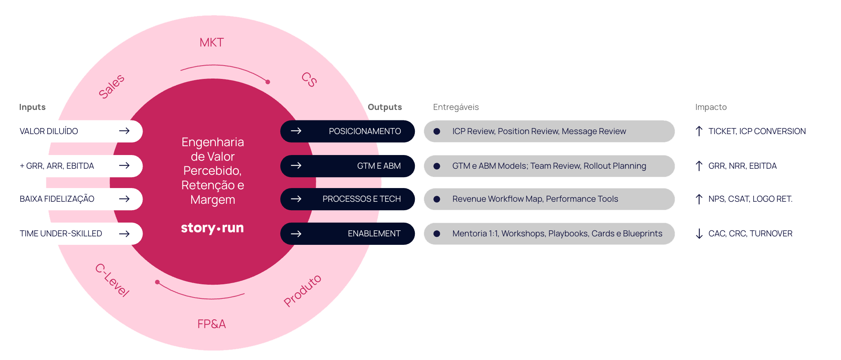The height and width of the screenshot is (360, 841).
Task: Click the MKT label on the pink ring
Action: coord(211,42)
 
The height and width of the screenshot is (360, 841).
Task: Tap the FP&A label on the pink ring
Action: coord(211,324)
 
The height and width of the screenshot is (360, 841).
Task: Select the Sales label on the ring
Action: coord(112,86)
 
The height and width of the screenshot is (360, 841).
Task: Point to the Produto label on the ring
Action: coord(302,290)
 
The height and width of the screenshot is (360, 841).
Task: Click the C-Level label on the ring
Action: coord(112,280)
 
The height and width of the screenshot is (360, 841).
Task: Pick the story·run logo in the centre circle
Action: coord(212,228)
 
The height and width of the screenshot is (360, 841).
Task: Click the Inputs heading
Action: coord(32,107)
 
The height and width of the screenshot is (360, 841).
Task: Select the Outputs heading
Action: coord(385,107)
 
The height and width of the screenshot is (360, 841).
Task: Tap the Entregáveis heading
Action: coord(456,107)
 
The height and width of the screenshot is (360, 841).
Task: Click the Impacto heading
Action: coord(711,107)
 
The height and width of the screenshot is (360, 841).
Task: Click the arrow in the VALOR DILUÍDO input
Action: coord(124,131)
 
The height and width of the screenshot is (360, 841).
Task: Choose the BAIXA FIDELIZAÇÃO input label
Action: coord(57,199)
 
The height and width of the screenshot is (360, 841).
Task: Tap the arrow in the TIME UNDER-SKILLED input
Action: coord(124,234)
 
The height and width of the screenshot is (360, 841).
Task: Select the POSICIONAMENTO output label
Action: coord(365,131)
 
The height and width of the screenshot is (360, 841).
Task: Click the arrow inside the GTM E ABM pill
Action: coord(296,166)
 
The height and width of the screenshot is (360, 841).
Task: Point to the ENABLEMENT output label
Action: coord(374,234)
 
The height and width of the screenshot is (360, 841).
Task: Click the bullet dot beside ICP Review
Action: coord(437,131)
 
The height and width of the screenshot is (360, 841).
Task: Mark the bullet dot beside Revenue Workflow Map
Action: coord(437,199)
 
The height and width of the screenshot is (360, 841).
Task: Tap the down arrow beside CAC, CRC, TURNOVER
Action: coord(699,234)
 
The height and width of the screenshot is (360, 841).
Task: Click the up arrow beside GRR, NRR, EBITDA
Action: coord(699,166)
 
